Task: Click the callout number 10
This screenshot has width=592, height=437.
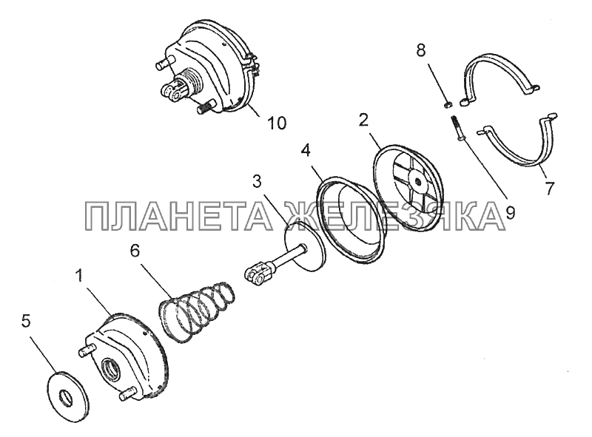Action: point(276,123)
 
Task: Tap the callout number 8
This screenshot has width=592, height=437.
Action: point(421,50)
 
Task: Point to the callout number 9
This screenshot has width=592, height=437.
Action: point(510,214)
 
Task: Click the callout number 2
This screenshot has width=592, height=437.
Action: point(363,121)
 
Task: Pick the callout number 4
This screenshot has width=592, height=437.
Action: point(306,151)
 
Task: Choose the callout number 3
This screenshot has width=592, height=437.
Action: point(257,181)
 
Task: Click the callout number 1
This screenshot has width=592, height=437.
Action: point(79,276)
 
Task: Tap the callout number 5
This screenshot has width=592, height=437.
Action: point(25,322)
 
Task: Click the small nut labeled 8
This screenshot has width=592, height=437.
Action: point(448,104)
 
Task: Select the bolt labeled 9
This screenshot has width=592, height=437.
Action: point(456,129)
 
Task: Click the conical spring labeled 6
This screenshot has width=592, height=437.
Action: point(195,311)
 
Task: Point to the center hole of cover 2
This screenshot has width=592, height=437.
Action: point(417,181)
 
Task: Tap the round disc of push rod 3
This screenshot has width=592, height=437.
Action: point(305,246)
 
